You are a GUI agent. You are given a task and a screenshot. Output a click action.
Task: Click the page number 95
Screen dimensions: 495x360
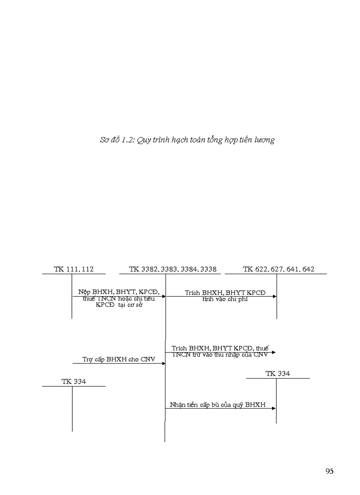(329, 471)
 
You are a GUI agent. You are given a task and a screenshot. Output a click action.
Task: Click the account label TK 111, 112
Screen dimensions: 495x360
(74, 269)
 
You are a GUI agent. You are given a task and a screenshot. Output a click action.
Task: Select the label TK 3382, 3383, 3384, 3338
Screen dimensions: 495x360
(172, 269)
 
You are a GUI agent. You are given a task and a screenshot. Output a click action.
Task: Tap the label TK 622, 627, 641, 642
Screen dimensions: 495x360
(278, 269)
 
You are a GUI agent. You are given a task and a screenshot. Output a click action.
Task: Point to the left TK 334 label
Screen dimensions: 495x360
(74, 382)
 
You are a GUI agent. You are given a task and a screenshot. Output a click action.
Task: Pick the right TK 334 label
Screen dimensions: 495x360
(278, 373)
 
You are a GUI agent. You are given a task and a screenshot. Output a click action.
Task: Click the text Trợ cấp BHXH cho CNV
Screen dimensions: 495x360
(119, 359)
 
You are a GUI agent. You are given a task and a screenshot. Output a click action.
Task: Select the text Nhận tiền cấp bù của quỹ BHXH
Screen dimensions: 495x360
(218, 404)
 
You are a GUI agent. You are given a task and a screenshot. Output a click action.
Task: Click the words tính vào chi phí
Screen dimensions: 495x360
(225, 299)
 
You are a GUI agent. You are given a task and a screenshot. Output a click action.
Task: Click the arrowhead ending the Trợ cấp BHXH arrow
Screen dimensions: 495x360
(163, 363)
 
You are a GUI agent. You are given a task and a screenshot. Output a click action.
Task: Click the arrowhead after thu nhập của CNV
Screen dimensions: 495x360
(274, 352)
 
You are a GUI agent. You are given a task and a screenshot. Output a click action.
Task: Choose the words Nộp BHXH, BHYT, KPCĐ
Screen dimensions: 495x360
(119, 292)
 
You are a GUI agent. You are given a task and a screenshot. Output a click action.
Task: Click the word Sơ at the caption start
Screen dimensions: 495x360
(105, 140)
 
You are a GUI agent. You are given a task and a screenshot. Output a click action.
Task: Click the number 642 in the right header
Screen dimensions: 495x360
(307, 269)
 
